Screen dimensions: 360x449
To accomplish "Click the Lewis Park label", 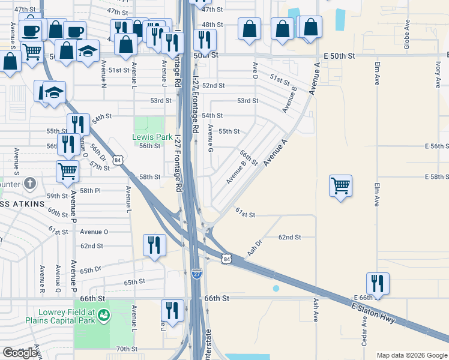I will [x=152, y=137].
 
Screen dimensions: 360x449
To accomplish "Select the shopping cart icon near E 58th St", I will [x=340, y=185].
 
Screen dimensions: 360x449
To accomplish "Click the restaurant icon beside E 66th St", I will [x=378, y=283].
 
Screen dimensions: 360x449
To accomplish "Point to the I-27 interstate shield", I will [x=197, y=274].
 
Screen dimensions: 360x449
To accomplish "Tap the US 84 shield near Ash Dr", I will [x=226, y=259].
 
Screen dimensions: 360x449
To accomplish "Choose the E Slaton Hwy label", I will [x=373, y=313].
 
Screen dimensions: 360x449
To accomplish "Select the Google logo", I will [x=20, y=353].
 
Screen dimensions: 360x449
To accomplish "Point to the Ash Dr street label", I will [x=255, y=248].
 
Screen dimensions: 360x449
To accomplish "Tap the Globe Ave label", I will [x=406, y=34].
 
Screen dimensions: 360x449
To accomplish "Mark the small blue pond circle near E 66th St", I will [x=276, y=288].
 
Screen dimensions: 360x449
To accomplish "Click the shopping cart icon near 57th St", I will [x=67, y=171].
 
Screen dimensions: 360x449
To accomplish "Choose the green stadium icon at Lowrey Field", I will [x=103, y=314].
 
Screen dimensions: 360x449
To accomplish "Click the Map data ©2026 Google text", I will [x=411, y=355].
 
